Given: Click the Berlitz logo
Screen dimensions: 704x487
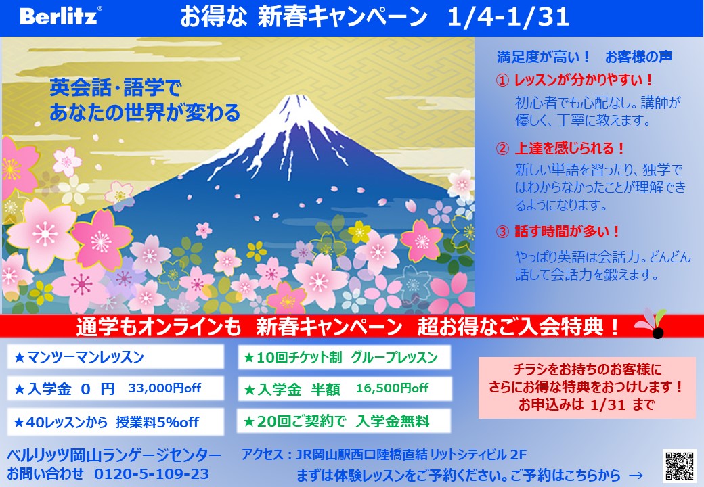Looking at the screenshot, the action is [60, 16].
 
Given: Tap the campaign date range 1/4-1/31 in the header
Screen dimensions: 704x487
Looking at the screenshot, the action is [508, 17].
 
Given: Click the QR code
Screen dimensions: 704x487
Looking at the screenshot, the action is [680, 466].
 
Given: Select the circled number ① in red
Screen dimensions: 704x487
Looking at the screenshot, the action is [502, 80].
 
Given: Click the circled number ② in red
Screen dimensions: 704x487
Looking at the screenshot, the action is [502, 148].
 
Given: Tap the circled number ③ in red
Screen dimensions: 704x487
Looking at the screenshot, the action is [502, 232].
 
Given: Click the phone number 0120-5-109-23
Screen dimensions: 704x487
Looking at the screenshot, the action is [152, 474].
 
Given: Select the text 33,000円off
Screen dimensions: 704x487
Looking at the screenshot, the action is [164, 388].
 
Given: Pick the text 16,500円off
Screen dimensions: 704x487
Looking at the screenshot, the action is [392, 388].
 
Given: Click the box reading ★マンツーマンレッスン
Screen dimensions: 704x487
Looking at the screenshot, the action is [115, 356].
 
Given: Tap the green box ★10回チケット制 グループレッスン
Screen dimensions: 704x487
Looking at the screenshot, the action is [344, 357].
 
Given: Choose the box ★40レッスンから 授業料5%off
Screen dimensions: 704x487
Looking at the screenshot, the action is [115, 421].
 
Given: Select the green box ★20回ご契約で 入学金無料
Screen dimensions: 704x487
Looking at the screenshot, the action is [344, 421].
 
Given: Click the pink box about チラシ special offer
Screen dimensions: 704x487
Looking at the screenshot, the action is [586, 388].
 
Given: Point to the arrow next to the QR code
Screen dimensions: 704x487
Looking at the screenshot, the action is [636, 476].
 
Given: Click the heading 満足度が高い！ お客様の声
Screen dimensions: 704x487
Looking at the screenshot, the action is [585, 57].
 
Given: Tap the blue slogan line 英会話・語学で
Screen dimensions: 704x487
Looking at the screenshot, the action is [115, 87].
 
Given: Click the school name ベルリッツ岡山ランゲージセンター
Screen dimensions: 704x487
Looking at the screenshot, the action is [114, 456].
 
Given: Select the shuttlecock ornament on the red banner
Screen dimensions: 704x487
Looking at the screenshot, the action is [652, 324].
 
